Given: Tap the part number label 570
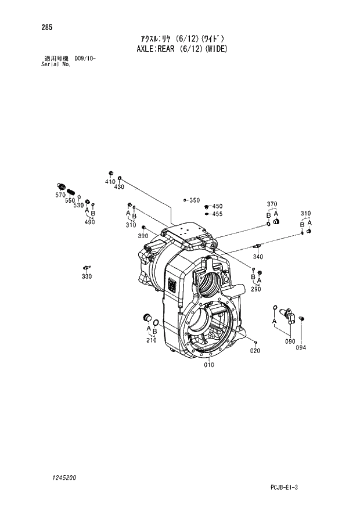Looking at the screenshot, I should [60, 196].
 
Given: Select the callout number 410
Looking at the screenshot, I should [110, 182].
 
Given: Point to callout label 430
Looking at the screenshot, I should [119, 187].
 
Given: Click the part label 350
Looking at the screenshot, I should [194, 200].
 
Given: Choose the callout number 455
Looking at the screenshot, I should [217, 214].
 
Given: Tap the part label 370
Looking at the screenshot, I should [272, 204].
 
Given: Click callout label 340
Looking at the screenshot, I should [258, 257].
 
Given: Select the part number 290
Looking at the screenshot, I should [256, 289].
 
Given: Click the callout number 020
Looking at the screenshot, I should [255, 351].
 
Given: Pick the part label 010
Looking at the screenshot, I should [208, 365].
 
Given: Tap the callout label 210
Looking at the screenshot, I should [151, 340].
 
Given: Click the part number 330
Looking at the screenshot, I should [87, 276].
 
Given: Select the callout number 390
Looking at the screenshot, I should [143, 236].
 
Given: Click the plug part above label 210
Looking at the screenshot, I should [147, 317].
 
